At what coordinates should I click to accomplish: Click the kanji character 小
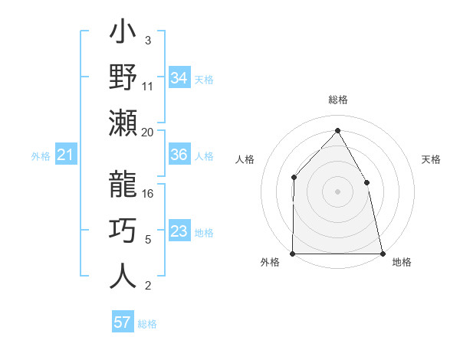click(x=123, y=34)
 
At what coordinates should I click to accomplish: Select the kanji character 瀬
click(x=123, y=123)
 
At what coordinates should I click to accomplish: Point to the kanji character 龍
click(x=123, y=184)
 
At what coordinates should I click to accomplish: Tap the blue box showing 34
click(x=179, y=78)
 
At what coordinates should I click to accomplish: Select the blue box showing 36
click(x=179, y=155)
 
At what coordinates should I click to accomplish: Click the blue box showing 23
click(x=179, y=232)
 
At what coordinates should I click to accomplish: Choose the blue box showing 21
click(x=66, y=155)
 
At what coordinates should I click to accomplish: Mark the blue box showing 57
click(x=123, y=322)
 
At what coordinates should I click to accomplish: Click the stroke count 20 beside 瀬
click(x=148, y=132)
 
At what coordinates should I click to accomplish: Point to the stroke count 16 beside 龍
click(x=148, y=194)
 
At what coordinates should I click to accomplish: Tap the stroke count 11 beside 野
click(x=148, y=86)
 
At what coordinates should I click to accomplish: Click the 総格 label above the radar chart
click(x=338, y=100)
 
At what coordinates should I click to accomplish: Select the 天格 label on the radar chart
click(x=432, y=159)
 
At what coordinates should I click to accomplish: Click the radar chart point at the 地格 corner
click(x=382, y=253)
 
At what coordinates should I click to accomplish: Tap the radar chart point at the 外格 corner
click(x=293, y=253)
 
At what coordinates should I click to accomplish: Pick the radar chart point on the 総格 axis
click(x=337, y=130)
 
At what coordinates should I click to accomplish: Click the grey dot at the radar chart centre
click(x=337, y=191)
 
